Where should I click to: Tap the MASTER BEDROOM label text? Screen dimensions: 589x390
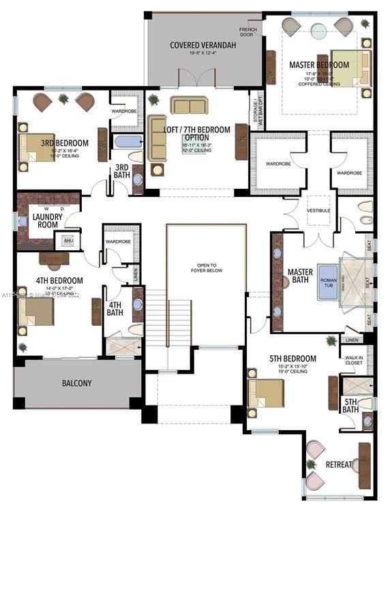(x=318, y=65)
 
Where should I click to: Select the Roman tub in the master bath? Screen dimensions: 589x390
(x=327, y=287)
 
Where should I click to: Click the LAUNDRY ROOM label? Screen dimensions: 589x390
(x=48, y=222)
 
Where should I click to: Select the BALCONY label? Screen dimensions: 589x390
(x=77, y=383)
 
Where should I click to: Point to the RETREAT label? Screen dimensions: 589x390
(x=339, y=465)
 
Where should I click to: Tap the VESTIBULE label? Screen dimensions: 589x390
(x=318, y=211)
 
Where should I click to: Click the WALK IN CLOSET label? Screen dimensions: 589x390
(x=354, y=359)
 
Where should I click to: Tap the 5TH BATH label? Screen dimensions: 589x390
(x=350, y=406)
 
